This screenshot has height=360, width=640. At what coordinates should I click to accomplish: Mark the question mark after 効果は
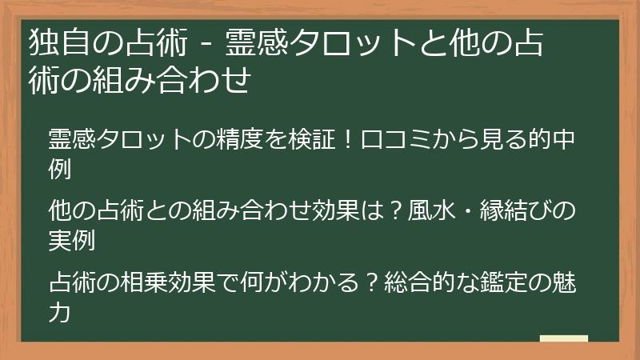pos(394,212)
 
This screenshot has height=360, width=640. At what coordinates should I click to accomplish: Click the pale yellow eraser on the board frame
pos(563,338)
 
